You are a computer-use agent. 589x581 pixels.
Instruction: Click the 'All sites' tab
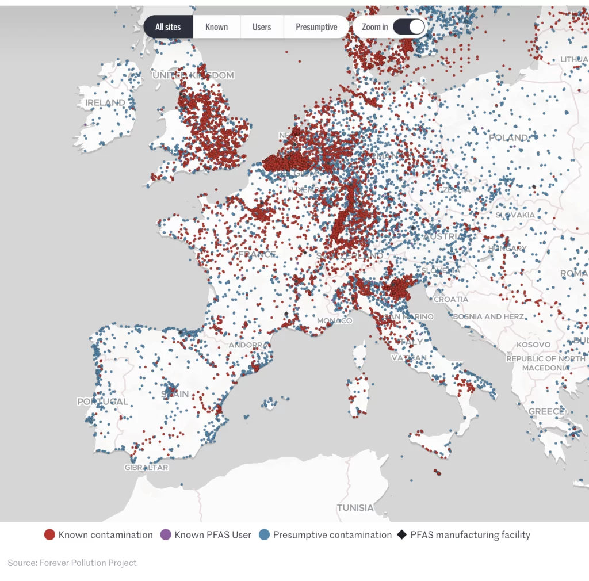pos(168,27)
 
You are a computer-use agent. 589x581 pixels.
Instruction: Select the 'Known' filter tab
pos(216,27)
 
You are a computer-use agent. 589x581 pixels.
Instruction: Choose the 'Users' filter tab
pos(262,27)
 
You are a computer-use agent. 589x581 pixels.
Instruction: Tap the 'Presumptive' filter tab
pos(316,27)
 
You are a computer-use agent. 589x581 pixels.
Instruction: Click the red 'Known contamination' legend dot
pos(50,535)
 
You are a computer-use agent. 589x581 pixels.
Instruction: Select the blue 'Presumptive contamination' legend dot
pos(265,535)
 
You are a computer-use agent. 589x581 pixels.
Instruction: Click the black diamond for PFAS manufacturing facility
pos(402,535)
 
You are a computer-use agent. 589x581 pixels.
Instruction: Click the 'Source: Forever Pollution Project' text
pos(72,563)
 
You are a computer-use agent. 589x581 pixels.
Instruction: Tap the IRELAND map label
pos(105,103)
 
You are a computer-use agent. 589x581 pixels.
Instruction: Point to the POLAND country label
pos(508,138)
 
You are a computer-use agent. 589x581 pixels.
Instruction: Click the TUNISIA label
pos(355,508)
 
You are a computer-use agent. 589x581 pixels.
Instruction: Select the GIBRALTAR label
pos(147,468)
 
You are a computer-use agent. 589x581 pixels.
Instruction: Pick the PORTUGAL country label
pos(103,402)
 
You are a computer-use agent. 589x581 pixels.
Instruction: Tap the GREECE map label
pos(546,411)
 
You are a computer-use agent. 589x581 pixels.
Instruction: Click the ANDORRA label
pos(249,345)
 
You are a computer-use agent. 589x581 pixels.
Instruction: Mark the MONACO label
pos(334,320)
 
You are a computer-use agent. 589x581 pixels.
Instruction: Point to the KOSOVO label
pos(533,345)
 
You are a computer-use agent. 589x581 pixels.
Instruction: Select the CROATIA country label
pos(451,300)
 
